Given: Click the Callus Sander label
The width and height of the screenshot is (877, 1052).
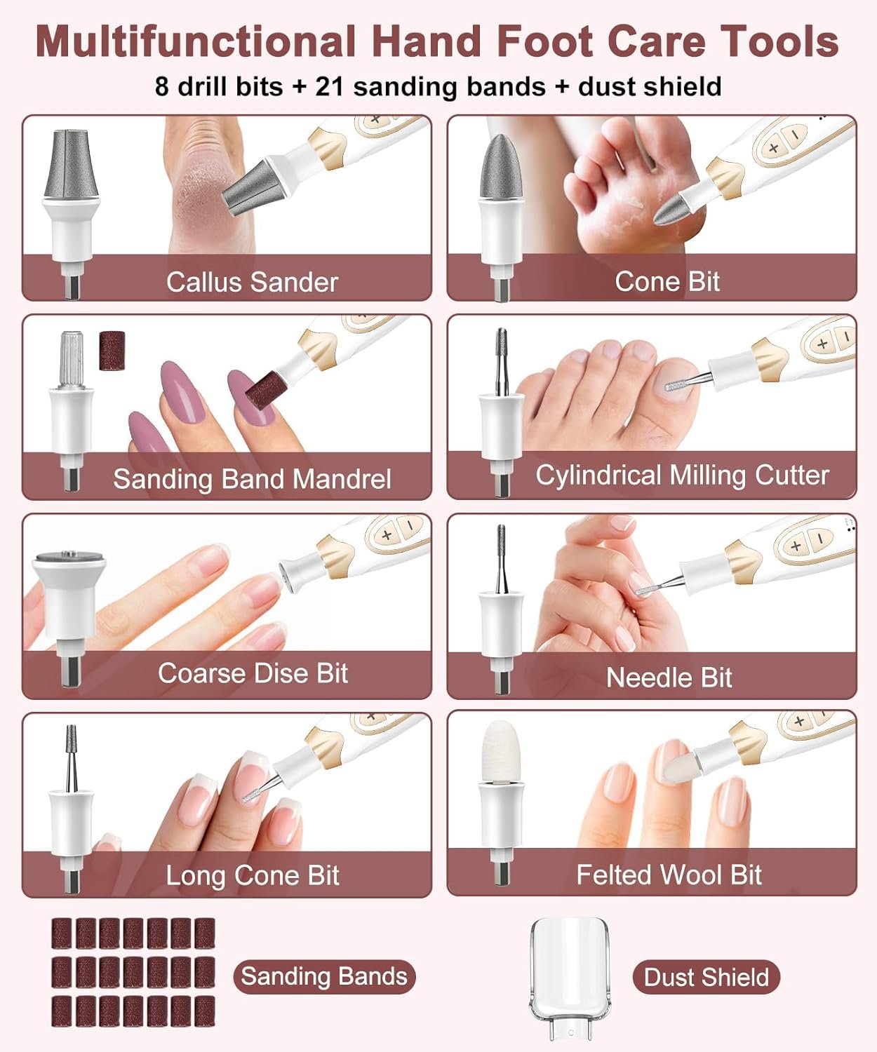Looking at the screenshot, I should [x=252, y=282].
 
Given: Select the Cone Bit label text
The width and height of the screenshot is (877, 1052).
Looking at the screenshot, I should [x=667, y=281].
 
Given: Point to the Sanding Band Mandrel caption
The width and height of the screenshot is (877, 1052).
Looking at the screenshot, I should [x=252, y=479].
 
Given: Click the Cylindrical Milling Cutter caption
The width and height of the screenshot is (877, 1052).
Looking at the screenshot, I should [x=682, y=476].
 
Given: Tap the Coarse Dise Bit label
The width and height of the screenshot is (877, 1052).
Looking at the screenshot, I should [x=253, y=673].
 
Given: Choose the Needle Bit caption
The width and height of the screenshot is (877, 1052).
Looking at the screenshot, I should [x=669, y=677].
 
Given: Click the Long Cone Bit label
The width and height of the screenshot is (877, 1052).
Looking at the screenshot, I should [x=253, y=875].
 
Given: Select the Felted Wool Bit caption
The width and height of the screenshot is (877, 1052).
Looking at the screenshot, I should [x=669, y=875].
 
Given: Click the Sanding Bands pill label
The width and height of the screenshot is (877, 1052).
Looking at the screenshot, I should [x=323, y=976].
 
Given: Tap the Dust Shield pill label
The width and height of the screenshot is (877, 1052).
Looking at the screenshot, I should [x=706, y=977].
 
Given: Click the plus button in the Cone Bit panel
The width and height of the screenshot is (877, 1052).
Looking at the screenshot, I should [x=773, y=148].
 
